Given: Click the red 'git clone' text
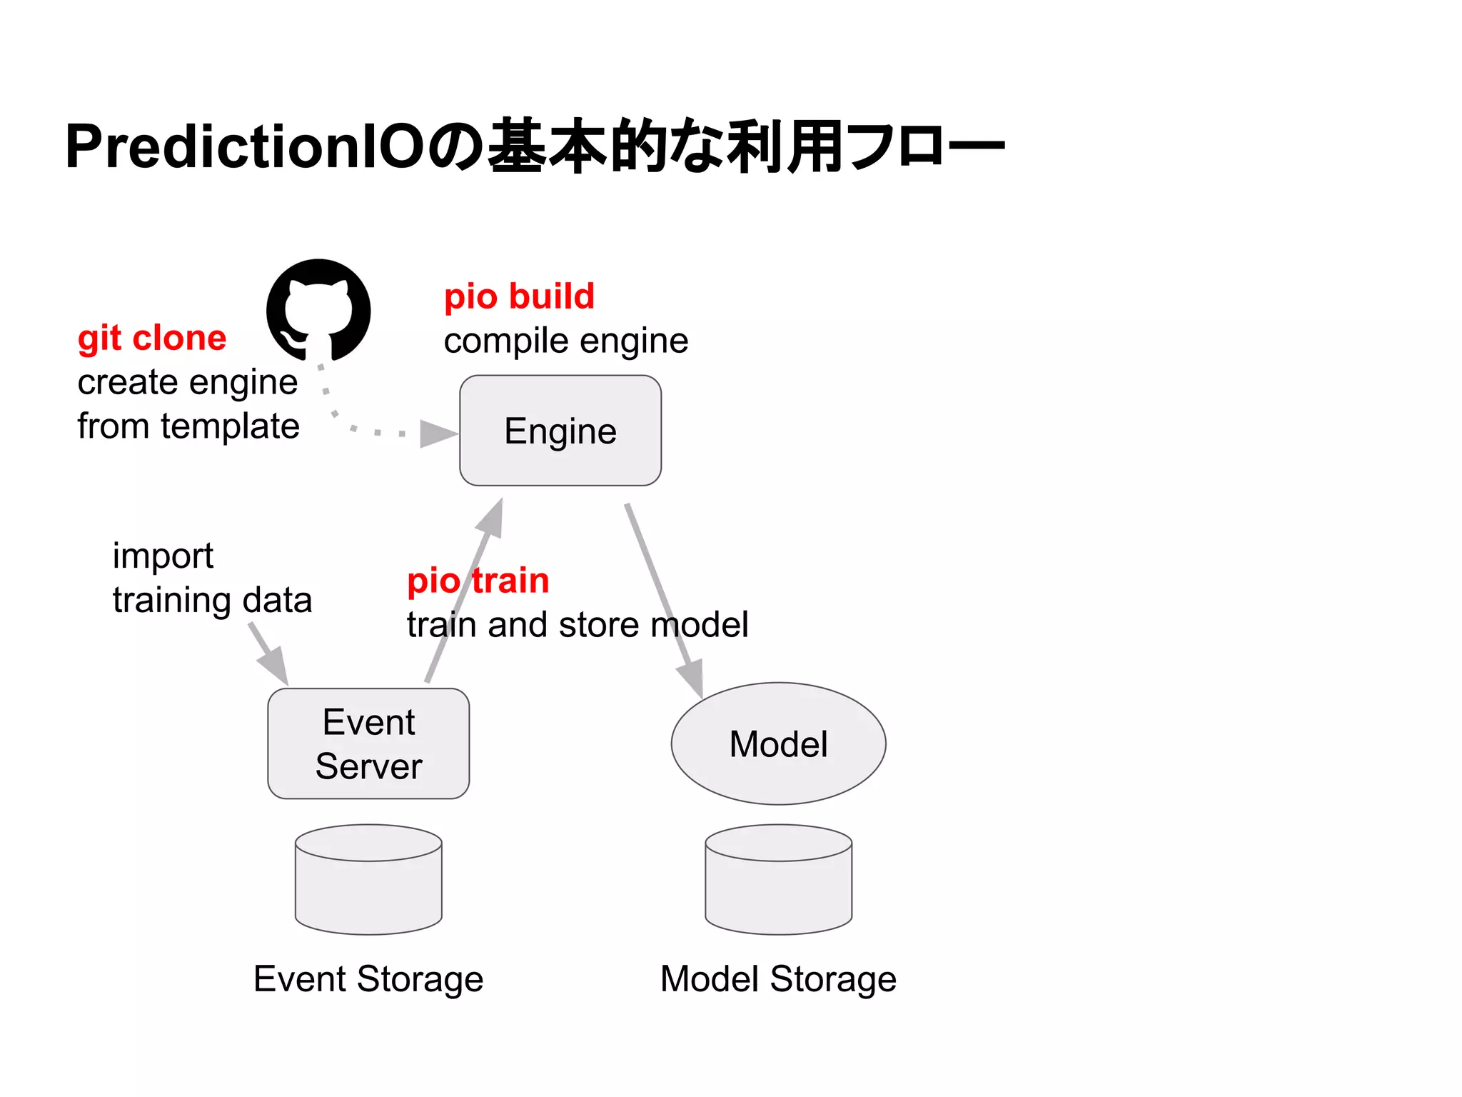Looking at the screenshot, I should (x=151, y=338).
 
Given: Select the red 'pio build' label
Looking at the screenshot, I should (x=519, y=296).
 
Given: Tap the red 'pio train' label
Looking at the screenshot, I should (x=478, y=580).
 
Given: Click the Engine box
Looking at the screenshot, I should (x=560, y=431).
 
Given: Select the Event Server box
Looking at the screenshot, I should (x=368, y=743).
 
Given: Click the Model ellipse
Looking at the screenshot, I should (x=778, y=743).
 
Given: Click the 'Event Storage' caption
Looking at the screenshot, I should (x=368, y=979).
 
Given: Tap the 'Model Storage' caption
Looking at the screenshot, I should (x=778, y=979).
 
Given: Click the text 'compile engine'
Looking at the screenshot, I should (x=565, y=341).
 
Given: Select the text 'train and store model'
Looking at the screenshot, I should (x=577, y=625).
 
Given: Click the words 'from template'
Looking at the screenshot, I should (x=188, y=426).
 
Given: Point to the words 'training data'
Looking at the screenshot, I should (x=212, y=600).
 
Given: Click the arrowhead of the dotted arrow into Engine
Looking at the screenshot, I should (x=437, y=434).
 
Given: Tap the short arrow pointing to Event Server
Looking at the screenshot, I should (x=269, y=653).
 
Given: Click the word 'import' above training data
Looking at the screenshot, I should (x=163, y=556).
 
